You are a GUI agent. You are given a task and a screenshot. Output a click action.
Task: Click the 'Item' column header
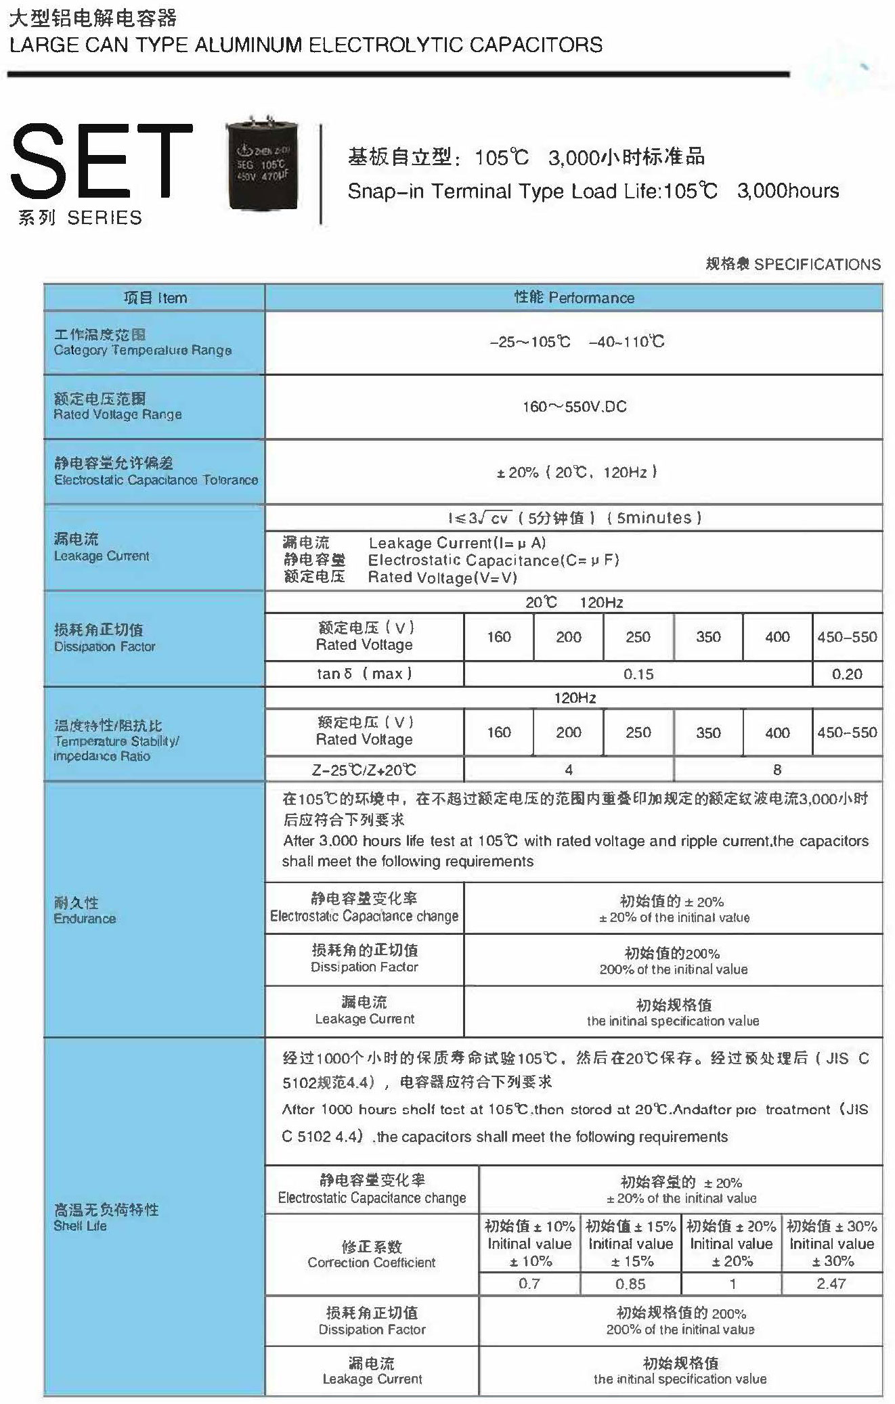(x=154, y=298)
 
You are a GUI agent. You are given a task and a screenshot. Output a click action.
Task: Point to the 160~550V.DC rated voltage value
(x=574, y=407)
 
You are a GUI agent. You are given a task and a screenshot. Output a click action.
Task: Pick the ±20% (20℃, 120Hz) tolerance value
(x=577, y=473)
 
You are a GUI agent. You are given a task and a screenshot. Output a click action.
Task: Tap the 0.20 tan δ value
(x=847, y=674)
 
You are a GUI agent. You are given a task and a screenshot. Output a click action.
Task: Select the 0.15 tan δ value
(x=638, y=674)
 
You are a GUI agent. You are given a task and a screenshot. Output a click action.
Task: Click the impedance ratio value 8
(x=777, y=770)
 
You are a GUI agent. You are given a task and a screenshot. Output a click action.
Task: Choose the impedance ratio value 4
(x=569, y=770)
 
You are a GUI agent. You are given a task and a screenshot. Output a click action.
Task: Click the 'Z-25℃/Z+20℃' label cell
(x=364, y=770)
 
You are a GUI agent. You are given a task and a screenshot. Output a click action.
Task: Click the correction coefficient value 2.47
(x=831, y=1284)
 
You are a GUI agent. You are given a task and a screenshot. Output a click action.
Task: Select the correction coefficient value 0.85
(x=630, y=1284)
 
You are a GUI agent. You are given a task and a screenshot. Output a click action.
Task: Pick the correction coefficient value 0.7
(x=529, y=1284)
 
